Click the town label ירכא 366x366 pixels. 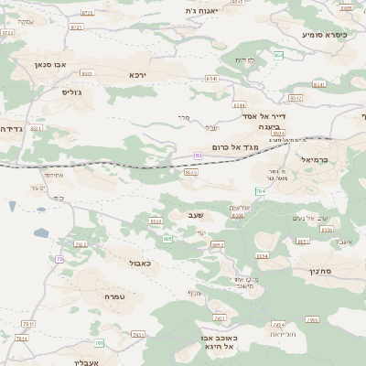point(137,75)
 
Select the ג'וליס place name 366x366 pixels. point(72,92)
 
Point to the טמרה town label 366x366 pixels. point(114,296)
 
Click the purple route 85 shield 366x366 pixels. point(199,156)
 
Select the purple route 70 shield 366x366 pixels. point(60,260)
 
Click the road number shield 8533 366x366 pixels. point(191,171)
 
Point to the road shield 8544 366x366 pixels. point(239,105)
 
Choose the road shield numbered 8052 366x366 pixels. point(218,245)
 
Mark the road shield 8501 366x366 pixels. point(36,129)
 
